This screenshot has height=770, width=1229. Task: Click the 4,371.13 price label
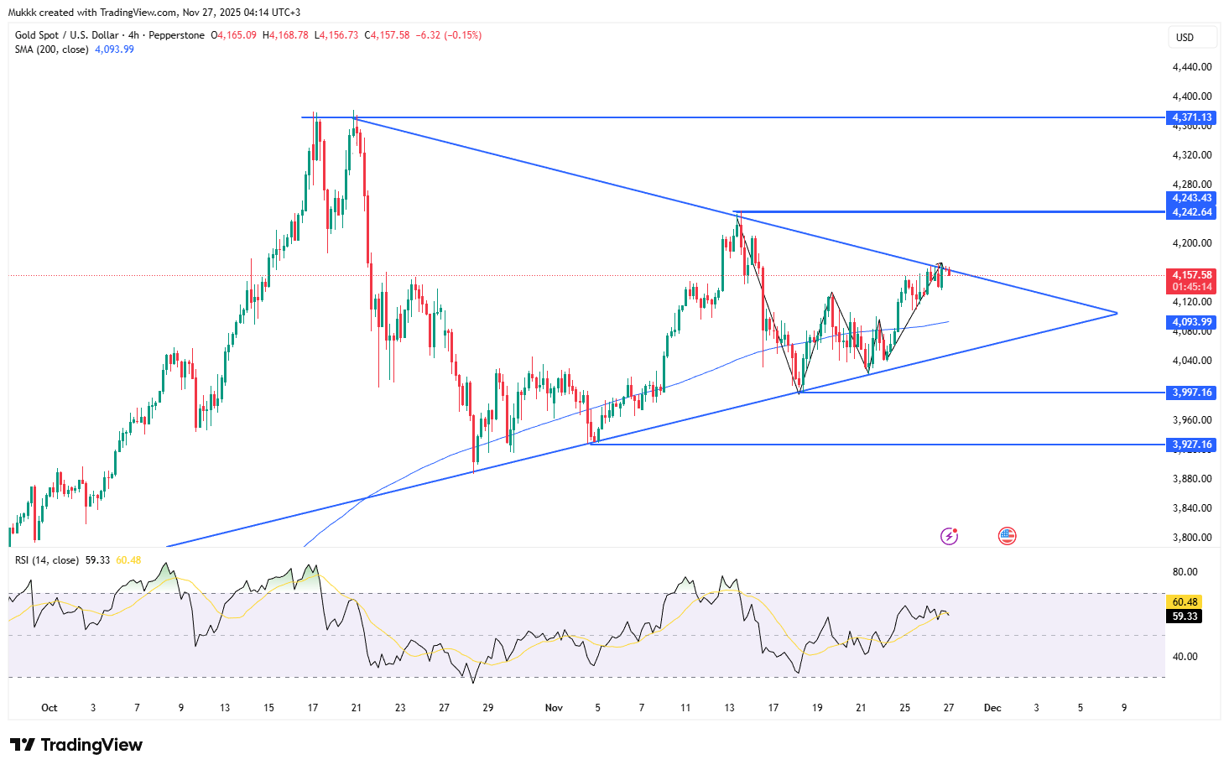click(x=1192, y=117)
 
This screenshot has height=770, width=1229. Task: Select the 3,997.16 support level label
click(x=1192, y=393)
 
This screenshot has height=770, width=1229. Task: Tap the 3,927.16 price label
click(x=1192, y=445)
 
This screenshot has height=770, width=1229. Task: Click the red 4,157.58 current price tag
click(x=1192, y=275)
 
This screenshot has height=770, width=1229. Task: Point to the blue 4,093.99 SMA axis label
click(x=1192, y=322)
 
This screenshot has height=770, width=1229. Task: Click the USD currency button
click(x=1185, y=38)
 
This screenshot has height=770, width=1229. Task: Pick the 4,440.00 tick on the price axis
click(x=1192, y=67)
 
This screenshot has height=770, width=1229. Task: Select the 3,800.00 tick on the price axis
click(x=1192, y=538)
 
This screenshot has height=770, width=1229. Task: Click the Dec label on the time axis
click(x=992, y=708)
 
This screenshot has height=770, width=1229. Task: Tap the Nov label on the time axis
click(x=554, y=708)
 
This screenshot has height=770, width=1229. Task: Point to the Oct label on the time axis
click(x=49, y=708)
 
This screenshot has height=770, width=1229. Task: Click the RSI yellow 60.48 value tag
click(x=1185, y=602)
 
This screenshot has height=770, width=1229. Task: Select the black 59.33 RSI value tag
click(x=1185, y=617)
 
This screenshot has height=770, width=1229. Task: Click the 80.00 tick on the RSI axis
click(x=1185, y=572)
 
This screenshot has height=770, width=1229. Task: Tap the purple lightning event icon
click(x=949, y=536)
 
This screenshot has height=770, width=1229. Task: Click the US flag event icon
click(x=1008, y=536)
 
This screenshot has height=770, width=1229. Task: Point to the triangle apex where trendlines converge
click(x=1117, y=313)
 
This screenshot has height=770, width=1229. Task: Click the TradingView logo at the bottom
click(x=76, y=745)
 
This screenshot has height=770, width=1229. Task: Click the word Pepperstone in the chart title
click(x=176, y=35)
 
